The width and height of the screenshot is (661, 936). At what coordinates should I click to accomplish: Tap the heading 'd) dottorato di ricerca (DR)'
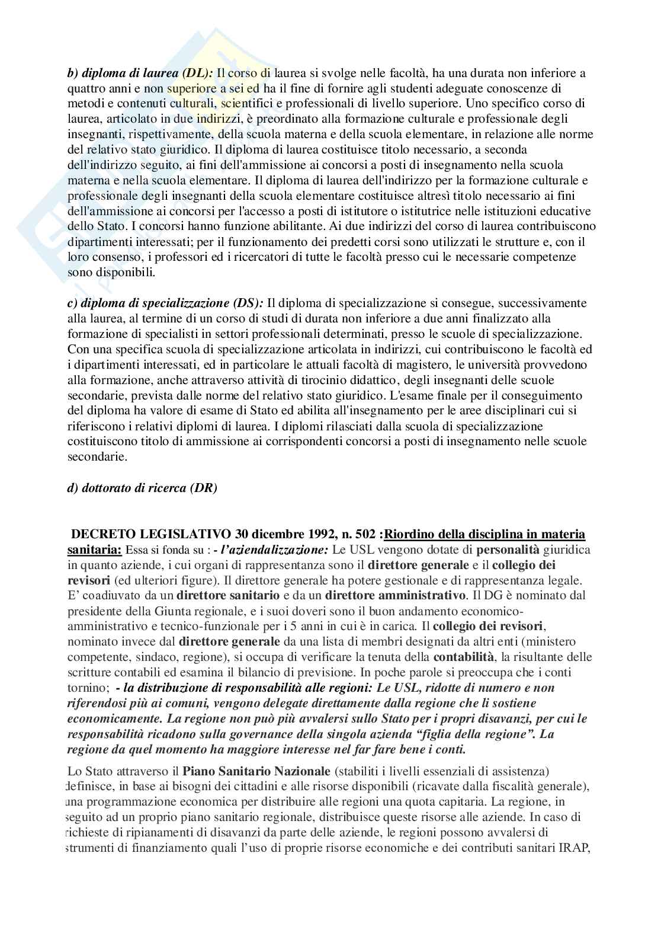click(x=142, y=488)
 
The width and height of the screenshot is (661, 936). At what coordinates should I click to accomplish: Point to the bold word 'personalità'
click(x=508, y=550)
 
